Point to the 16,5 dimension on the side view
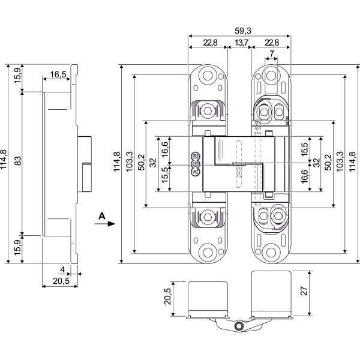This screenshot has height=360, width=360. tap(58, 74)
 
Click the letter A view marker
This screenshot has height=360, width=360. tap(103, 214)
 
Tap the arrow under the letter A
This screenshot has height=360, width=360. tap(107, 224)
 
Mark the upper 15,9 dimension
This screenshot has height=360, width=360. tap(17, 76)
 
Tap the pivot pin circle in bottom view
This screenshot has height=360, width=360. tap(239, 326)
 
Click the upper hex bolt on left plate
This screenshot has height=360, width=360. tap(208, 111)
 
